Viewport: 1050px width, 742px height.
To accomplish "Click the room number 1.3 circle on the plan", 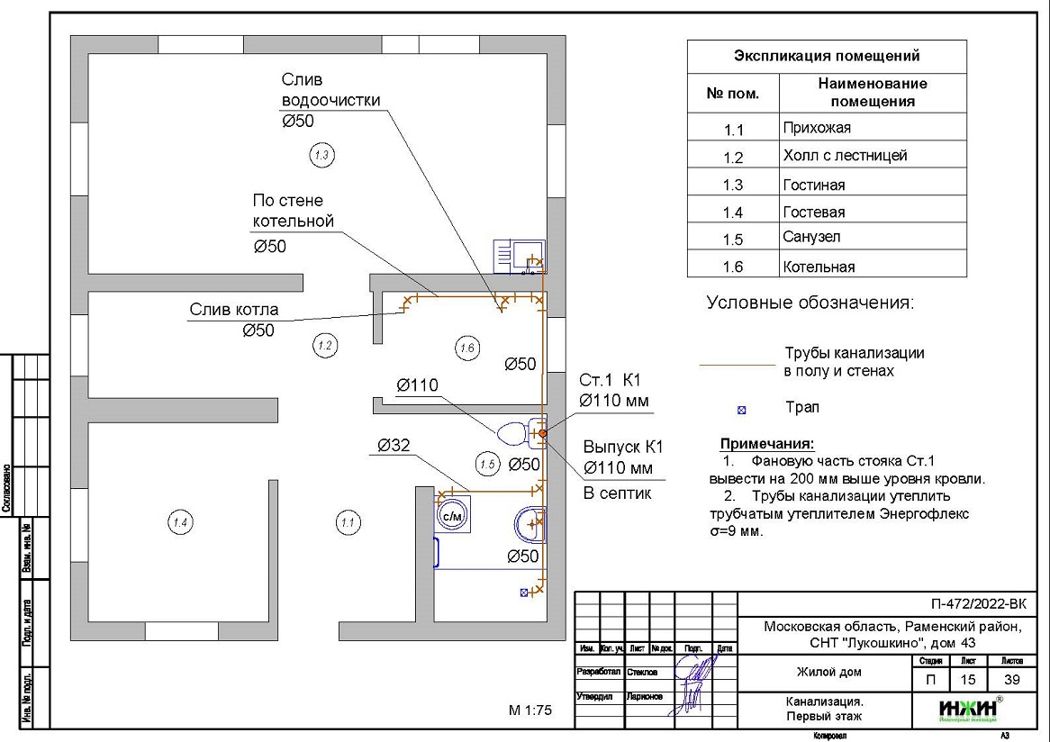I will (321, 155).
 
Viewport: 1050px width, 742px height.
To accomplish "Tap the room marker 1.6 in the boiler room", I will (466, 348).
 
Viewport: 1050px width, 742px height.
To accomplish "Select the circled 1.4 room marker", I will (178, 520).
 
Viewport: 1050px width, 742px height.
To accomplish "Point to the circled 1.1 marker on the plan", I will (347, 520).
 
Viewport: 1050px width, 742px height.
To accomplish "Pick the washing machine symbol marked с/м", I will (451, 514).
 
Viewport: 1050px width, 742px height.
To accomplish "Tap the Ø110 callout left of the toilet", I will (418, 385).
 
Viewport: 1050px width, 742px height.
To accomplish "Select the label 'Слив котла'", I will (234, 310).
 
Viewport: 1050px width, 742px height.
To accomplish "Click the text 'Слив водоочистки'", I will (330, 90).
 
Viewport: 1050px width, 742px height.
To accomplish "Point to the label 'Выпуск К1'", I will (623, 447).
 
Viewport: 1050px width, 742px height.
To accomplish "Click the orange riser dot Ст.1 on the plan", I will (543, 434).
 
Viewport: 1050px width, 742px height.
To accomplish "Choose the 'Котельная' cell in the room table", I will (819, 267).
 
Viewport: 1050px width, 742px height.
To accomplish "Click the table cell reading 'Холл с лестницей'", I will (845, 156).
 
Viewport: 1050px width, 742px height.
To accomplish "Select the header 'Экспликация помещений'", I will (827, 56).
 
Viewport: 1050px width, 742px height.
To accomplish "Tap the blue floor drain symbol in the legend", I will (742, 410).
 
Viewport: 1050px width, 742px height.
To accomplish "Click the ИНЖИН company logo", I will (968, 709).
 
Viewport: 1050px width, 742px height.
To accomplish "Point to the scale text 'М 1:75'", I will (530, 710).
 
